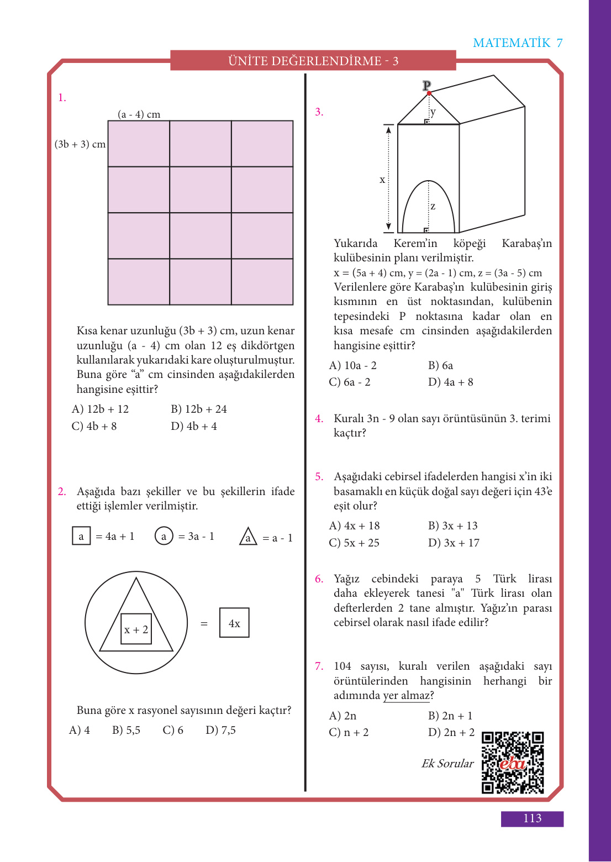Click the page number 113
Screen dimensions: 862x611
(x=532, y=818)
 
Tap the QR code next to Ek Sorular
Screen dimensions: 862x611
(x=513, y=763)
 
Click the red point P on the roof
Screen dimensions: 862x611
(x=429, y=93)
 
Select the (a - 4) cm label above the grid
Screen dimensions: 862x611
(x=139, y=114)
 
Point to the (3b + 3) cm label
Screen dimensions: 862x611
(x=80, y=144)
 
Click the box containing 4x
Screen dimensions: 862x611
(x=234, y=623)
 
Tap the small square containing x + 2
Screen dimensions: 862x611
(x=136, y=629)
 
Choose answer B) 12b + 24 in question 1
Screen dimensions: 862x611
(x=199, y=409)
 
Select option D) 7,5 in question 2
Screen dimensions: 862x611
(x=220, y=730)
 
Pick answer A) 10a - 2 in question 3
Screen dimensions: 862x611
(x=353, y=366)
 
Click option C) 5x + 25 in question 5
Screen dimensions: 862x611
(x=354, y=543)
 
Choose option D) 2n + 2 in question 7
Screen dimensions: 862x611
(x=451, y=733)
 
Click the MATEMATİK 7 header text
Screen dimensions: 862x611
(x=518, y=43)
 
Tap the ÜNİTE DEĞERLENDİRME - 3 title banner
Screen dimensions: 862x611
(x=313, y=61)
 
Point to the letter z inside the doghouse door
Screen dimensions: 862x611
(x=433, y=206)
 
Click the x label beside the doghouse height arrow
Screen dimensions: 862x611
(x=382, y=180)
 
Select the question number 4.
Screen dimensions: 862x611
(x=319, y=419)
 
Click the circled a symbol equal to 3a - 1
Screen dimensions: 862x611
(x=164, y=537)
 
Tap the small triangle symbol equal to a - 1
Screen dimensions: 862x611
(x=248, y=537)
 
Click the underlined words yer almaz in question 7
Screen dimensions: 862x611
(x=406, y=696)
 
